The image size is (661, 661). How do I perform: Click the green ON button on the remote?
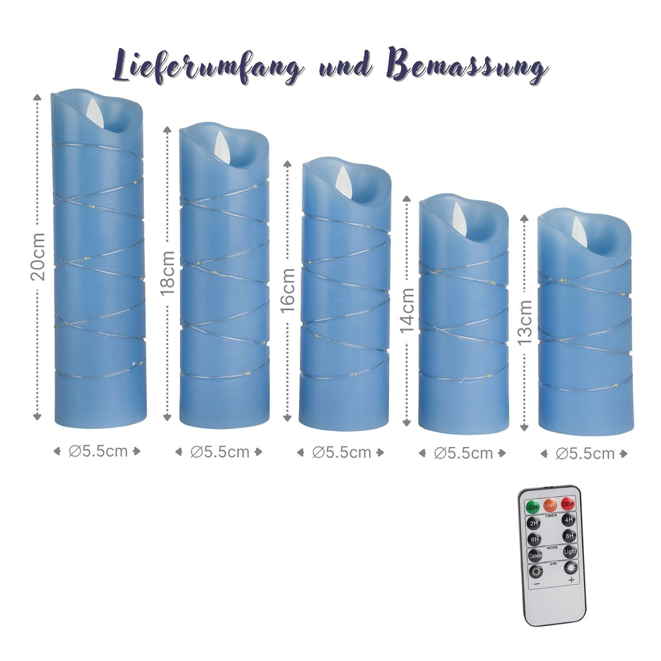pos(533,506)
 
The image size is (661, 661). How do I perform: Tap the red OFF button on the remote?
pos(568,503)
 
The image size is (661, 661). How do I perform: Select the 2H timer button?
pos(534,523)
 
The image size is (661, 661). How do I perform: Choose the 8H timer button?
pos(569,535)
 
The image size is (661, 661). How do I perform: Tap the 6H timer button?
pos(535,540)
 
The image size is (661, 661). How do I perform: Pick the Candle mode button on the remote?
pos(535,556)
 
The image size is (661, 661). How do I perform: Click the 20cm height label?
pos(38,256)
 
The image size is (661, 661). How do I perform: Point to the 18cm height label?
pos(167,273)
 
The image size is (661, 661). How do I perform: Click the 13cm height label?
pos(524,322)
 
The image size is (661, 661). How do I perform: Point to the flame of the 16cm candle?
pos(343,178)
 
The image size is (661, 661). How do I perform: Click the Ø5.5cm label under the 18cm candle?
pos(219,451)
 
